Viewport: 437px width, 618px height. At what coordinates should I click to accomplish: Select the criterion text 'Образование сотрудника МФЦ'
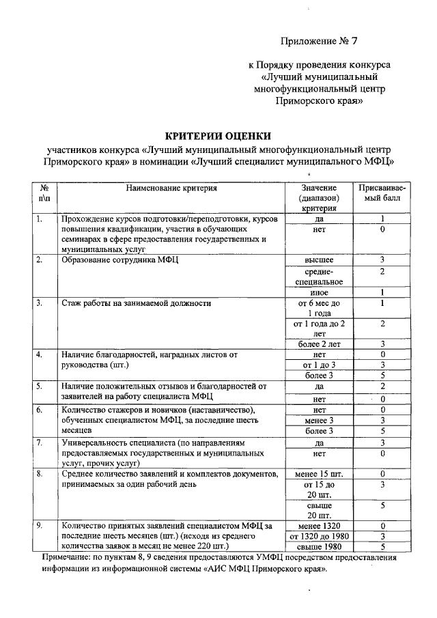(x=119, y=260)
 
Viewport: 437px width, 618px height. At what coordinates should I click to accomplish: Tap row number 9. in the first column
(x=40, y=526)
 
